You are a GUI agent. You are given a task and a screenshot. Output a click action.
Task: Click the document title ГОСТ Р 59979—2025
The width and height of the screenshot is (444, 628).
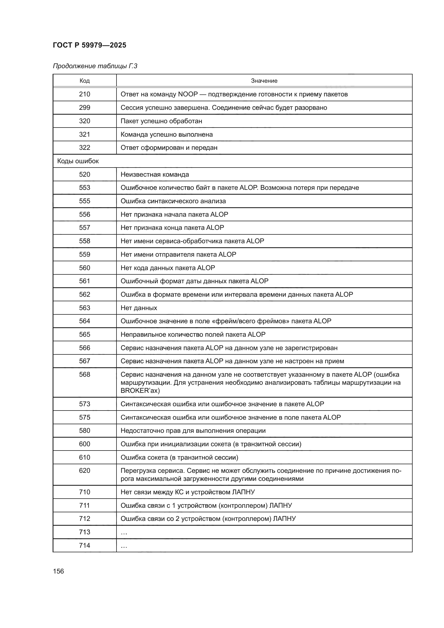pos(89,45)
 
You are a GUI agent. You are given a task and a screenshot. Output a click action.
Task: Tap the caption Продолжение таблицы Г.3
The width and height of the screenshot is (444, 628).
pos(95,66)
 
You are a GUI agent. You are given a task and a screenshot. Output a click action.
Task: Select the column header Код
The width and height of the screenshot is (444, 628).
pos(85,81)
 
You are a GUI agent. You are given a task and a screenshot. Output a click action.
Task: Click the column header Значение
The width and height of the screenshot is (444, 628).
pos(264,81)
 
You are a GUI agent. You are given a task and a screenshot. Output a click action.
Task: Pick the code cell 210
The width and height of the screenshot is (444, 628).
pos(85,94)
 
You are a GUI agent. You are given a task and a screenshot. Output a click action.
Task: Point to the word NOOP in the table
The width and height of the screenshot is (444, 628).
pos(188,94)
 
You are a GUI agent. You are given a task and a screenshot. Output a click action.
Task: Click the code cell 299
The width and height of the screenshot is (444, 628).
pos(85,107)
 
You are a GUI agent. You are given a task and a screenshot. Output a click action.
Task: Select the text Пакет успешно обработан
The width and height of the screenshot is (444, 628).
pos(161,121)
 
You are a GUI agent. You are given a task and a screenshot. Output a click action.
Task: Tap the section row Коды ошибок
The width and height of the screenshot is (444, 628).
pos(78,161)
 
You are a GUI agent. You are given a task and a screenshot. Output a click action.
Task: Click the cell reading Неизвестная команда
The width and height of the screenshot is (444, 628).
pos(154,175)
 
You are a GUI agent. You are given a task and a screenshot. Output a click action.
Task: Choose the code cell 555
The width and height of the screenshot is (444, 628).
pos(85,201)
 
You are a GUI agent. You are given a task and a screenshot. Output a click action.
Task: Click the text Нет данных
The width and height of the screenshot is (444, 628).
pos(139,308)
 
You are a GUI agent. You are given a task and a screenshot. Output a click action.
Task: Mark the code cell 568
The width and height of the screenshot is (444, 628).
pos(85,375)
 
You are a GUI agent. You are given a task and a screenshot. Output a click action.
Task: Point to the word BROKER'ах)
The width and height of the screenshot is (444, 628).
pos(140,391)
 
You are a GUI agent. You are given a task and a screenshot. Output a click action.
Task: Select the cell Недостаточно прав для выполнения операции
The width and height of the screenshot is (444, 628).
pos(193,431)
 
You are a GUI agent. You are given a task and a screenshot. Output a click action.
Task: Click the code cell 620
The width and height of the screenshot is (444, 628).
pos(85,471)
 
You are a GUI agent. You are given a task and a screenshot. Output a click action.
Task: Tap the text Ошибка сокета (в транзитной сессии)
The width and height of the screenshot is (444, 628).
pos(179,457)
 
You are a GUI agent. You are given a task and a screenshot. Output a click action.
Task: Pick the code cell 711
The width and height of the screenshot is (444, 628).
pos(85,506)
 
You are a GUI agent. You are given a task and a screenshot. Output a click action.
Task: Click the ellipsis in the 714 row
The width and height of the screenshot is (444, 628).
pos(124,546)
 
